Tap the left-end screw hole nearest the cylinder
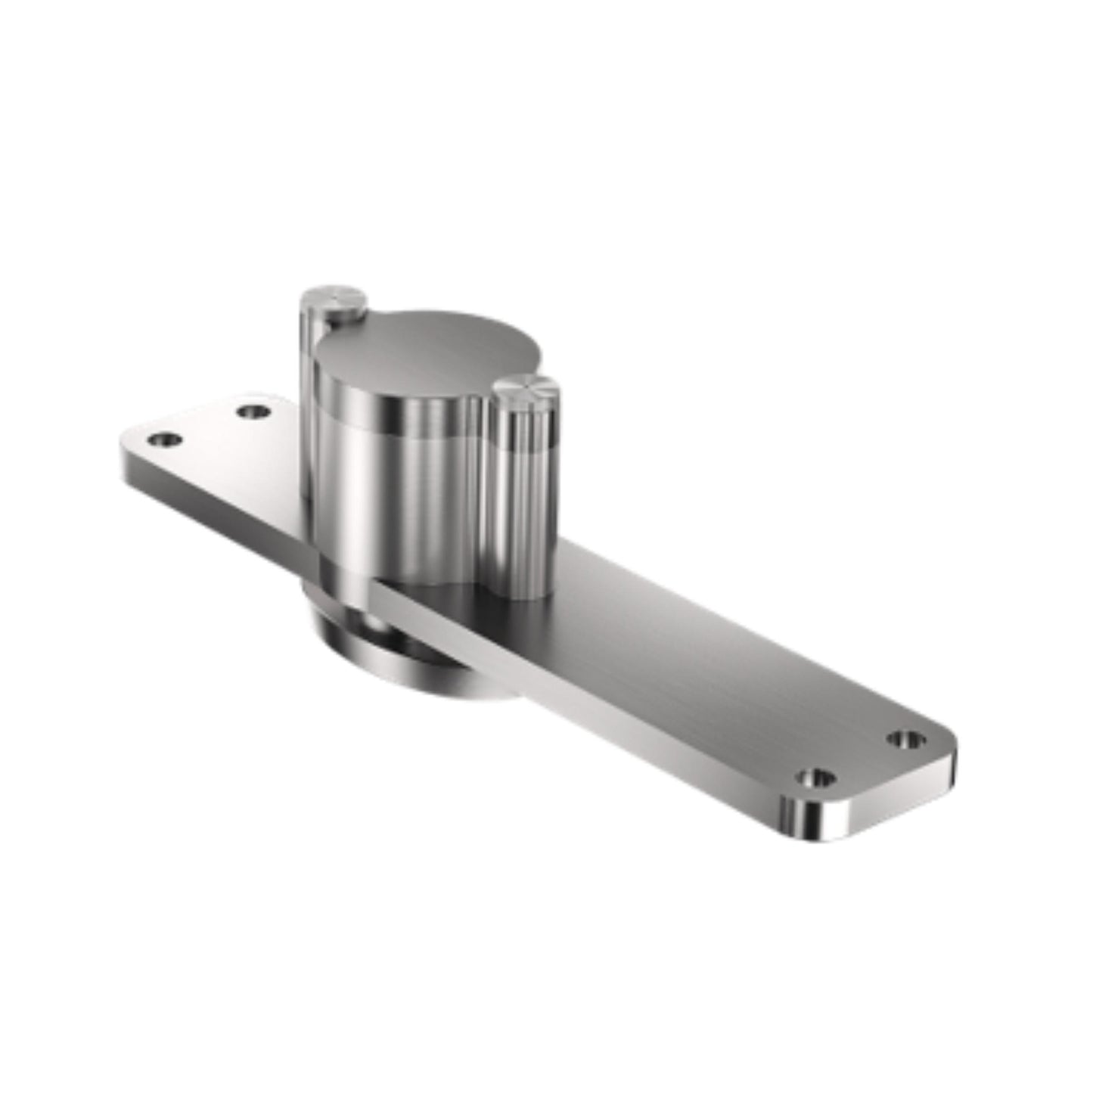point(253,412)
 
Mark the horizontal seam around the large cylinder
point(393,433)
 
